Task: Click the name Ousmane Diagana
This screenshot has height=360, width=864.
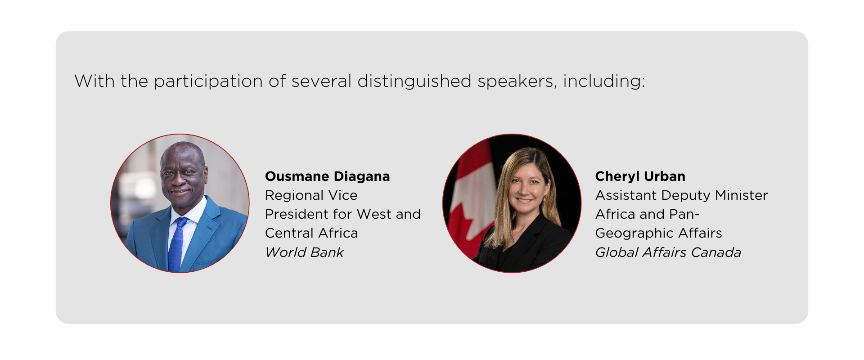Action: [327, 176]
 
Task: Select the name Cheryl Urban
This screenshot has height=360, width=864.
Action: [640, 176]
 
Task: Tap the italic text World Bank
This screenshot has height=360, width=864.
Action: [304, 252]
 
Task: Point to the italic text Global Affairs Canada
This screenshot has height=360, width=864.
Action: [668, 252]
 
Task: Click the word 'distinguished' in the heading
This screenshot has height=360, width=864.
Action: [414, 81]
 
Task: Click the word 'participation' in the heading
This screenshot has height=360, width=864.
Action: [208, 82]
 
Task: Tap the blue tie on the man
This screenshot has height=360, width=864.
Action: [176, 245]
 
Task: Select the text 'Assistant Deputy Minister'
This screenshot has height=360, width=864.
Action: [681, 195]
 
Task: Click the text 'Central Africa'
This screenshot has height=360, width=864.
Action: [311, 233]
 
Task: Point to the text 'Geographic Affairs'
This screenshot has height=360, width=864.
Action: [658, 233]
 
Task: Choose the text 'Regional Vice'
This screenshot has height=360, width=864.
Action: [311, 195]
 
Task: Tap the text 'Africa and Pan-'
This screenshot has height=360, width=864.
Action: [647, 214]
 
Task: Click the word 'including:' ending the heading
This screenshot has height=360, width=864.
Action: [604, 82]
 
